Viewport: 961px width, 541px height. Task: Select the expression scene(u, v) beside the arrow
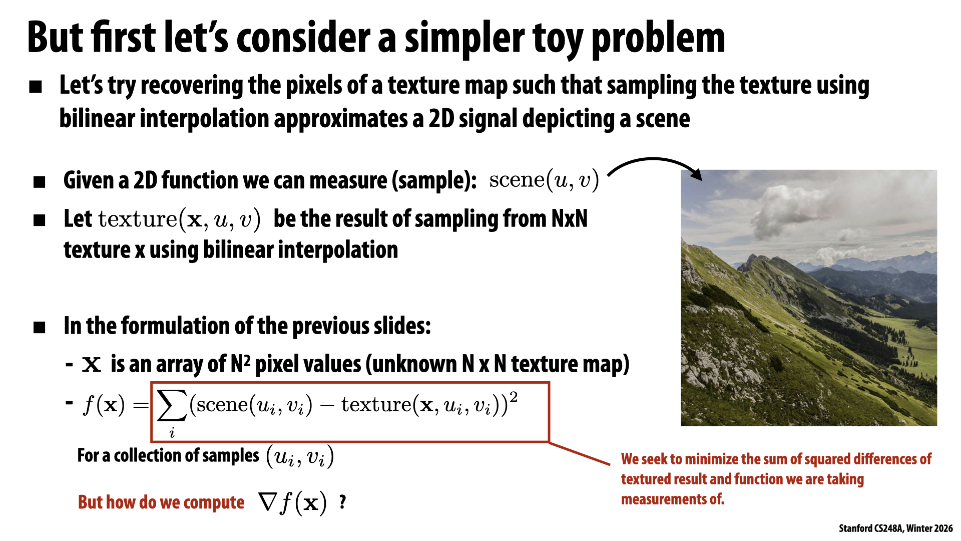tap(544, 180)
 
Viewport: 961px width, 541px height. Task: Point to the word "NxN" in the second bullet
tap(569, 219)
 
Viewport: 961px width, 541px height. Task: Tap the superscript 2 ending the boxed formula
tap(513, 398)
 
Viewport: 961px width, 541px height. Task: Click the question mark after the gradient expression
tap(342, 501)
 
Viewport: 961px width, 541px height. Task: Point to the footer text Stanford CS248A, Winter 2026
tap(895, 528)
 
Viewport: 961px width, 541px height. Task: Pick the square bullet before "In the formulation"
tap(40, 328)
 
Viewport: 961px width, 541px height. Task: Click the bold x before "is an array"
tap(92, 364)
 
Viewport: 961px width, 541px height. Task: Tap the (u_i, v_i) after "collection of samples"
tap(299, 456)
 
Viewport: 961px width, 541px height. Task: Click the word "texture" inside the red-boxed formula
tap(375, 405)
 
